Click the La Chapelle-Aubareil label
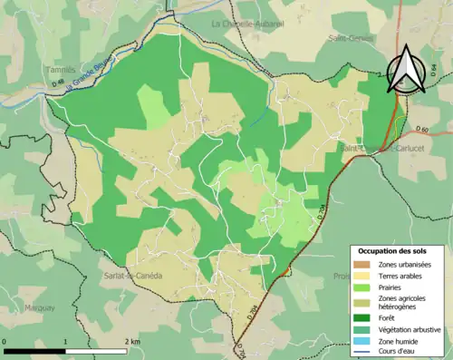pos(246,23)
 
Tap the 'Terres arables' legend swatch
pos(364,276)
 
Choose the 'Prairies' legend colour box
pos(364,288)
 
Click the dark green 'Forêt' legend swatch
pos(364,317)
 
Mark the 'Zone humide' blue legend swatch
pos(364,340)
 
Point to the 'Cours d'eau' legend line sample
pos(364,352)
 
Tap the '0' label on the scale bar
pos(5,341)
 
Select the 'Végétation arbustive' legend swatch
pos(364,328)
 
